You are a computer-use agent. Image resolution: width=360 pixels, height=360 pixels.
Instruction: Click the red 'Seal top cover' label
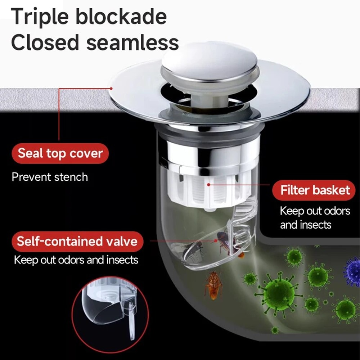coord(60,153)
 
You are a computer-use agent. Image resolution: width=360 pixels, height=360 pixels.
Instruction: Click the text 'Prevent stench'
coord(50,177)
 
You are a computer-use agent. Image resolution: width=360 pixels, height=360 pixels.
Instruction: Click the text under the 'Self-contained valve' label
coord(76,260)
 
